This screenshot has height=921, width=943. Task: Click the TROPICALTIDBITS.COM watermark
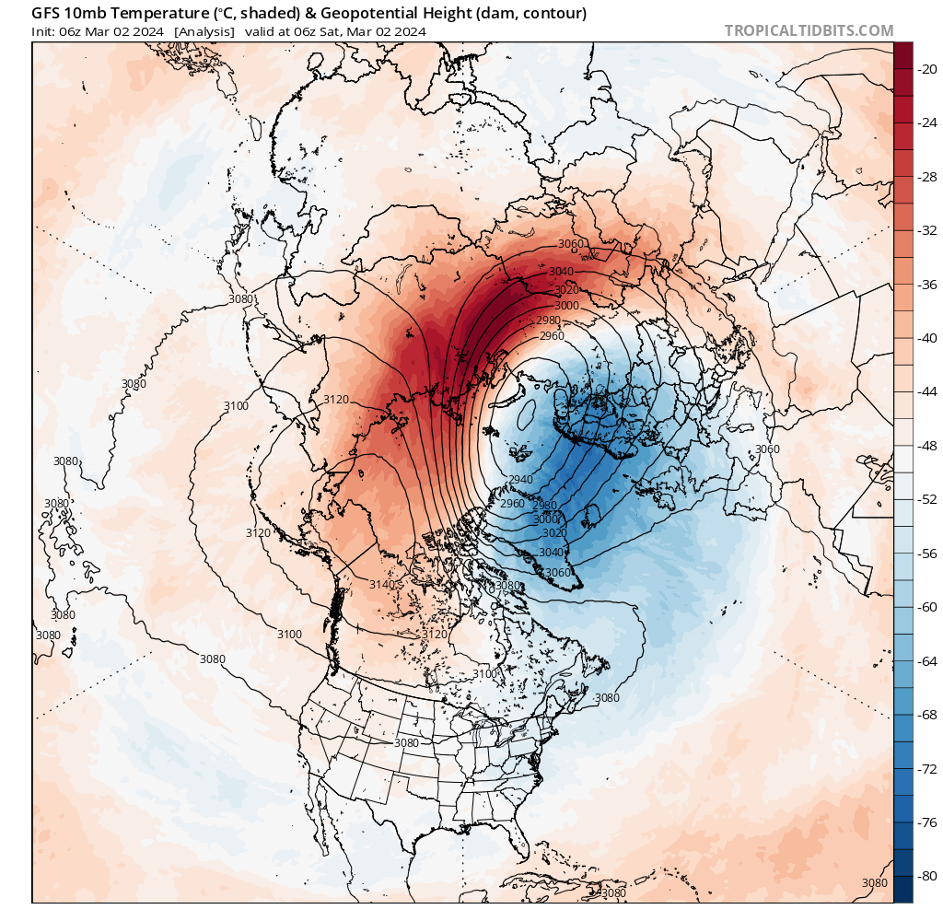tap(809, 31)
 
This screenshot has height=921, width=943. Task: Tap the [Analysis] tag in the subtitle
tap(204, 31)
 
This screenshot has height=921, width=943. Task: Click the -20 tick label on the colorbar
tap(924, 68)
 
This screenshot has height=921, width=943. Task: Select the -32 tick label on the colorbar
tap(924, 230)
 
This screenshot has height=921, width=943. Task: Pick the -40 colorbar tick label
tap(924, 338)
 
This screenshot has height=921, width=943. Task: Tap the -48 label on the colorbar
tap(924, 446)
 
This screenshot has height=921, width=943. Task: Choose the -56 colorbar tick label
tap(924, 554)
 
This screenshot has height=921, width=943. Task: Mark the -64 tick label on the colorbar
tap(924, 660)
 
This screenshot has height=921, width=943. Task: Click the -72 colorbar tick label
tap(924, 768)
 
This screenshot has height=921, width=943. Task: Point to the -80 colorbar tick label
tap(924, 876)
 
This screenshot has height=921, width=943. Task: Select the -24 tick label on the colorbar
tap(924, 122)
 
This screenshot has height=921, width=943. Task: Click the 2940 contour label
tap(520, 480)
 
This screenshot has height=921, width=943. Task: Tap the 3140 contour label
tap(381, 585)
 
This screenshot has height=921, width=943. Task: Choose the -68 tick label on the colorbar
tap(924, 715)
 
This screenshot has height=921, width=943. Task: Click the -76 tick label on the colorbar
tap(924, 822)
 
